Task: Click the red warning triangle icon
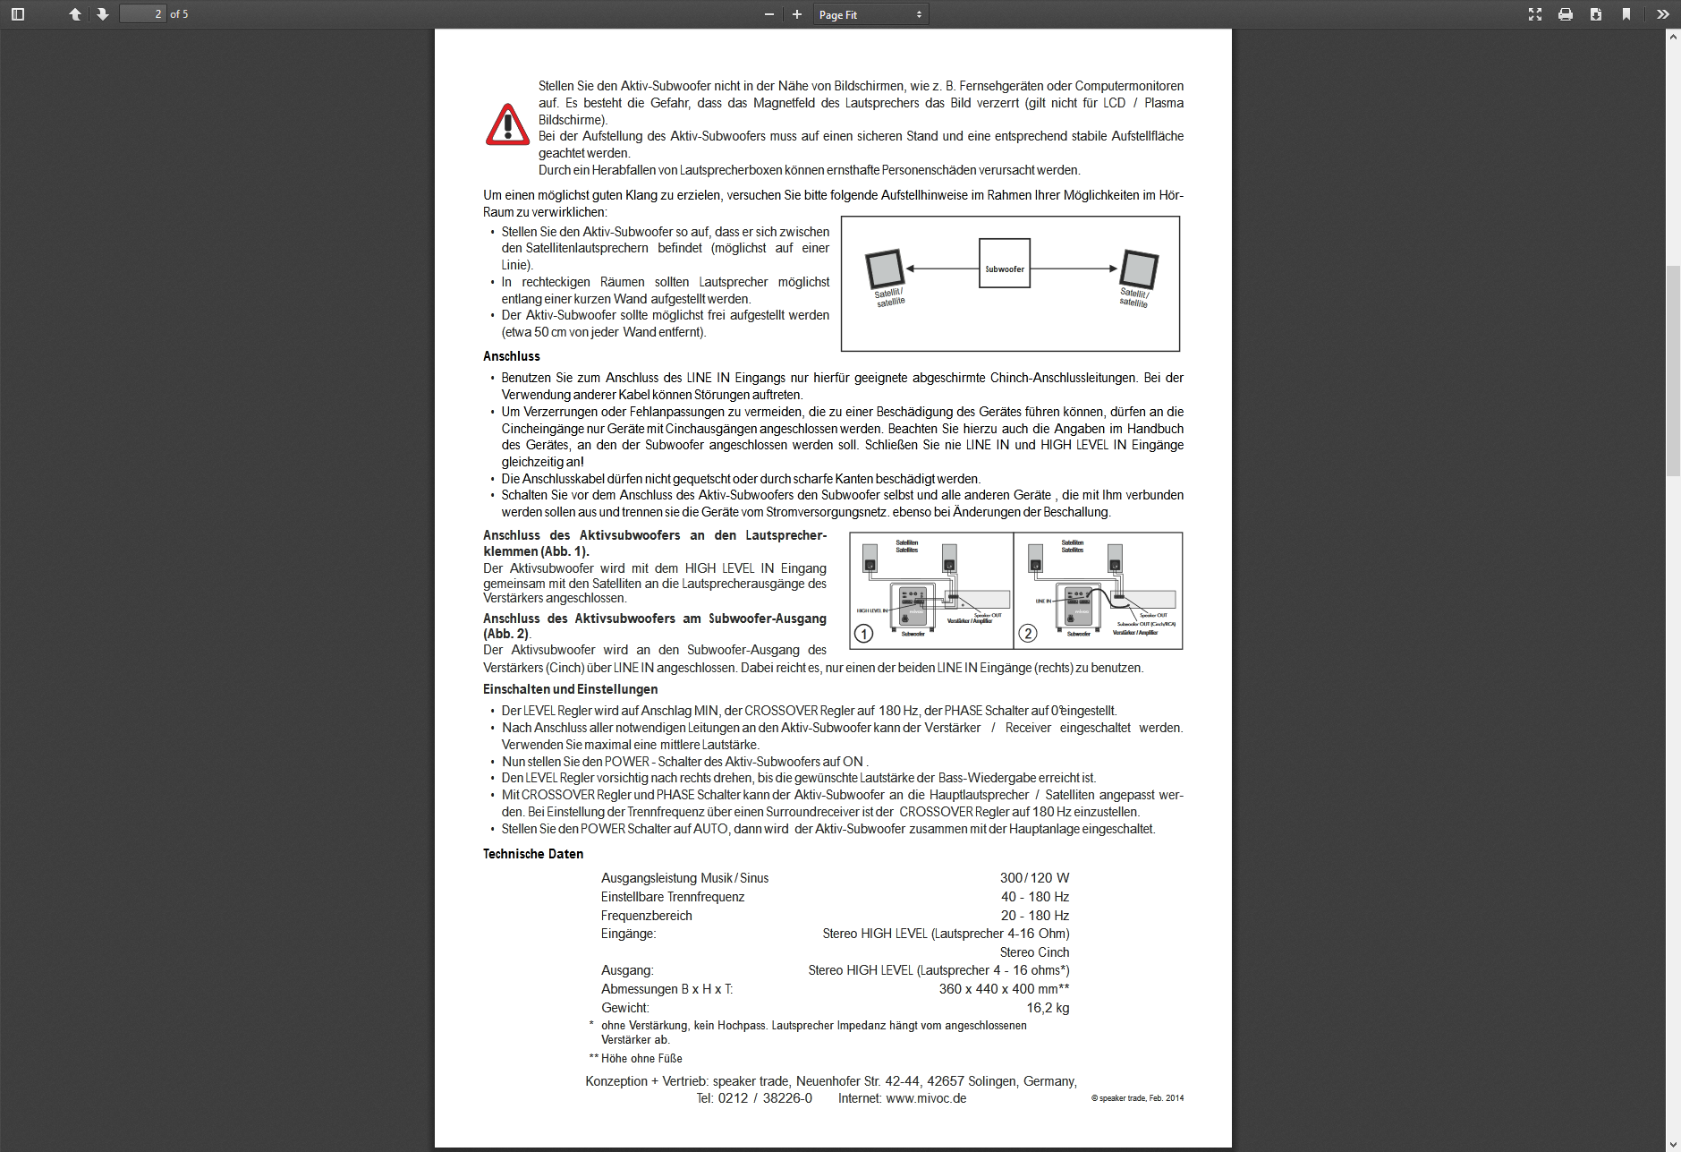click(x=507, y=124)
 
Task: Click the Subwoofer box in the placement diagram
click(x=1004, y=263)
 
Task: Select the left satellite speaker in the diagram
click(x=884, y=269)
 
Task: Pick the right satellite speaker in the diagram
click(x=1140, y=269)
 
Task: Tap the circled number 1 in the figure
click(x=863, y=634)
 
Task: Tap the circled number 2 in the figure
click(x=1028, y=634)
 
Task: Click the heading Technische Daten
click(x=533, y=854)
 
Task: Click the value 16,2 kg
click(x=1048, y=1008)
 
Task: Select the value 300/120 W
click(x=1034, y=878)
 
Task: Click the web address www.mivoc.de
click(x=926, y=1098)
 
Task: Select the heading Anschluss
click(x=512, y=356)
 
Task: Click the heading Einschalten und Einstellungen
click(x=570, y=689)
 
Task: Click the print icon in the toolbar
click(x=1565, y=14)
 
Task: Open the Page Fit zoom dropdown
click(x=870, y=14)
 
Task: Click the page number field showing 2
click(x=143, y=14)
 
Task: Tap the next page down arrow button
click(x=103, y=14)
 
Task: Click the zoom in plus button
click(x=796, y=14)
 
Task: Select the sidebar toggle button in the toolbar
click(x=18, y=14)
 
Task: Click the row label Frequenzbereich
click(x=646, y=916)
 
